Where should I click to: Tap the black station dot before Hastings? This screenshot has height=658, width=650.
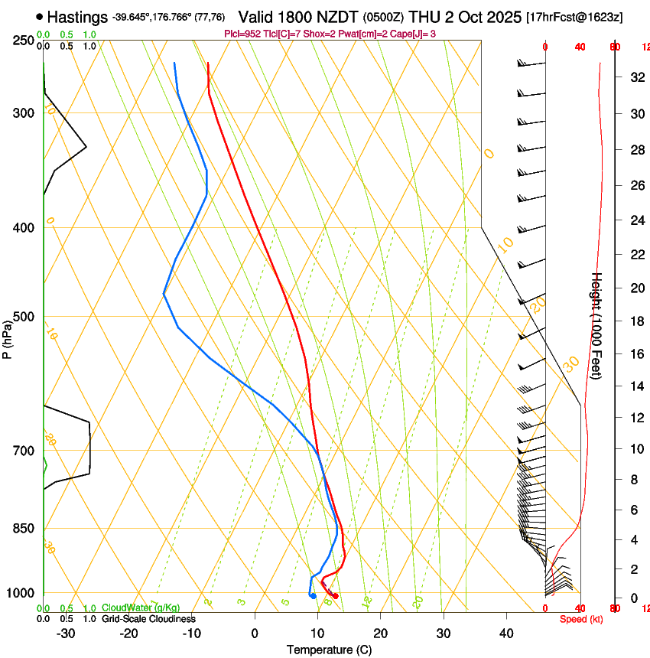(x=40, y=17)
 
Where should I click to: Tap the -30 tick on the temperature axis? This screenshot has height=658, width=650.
(x=66, y=634)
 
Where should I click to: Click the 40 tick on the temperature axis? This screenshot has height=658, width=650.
(x=506, y=634)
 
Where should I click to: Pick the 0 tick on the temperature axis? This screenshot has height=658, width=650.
(x=255, y=634)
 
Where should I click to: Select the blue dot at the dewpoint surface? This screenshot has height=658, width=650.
(x=313, y=596)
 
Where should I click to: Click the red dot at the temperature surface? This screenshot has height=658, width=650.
(x=335, y=596)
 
